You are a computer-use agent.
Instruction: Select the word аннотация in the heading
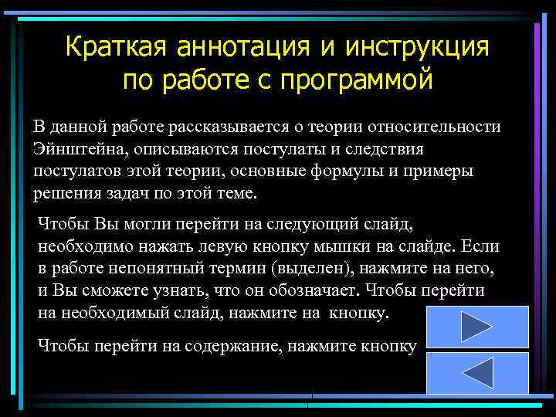(x=240, y=47)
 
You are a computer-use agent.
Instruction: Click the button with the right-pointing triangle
(x=477, y=327)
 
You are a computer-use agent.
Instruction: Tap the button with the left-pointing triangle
(x=477, y=373)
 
